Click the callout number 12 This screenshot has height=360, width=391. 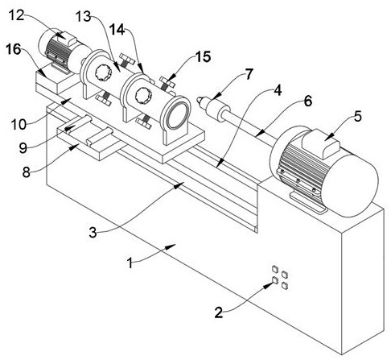coord(17,15)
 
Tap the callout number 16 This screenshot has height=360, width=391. coord(14,50)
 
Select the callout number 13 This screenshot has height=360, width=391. coord(83,17)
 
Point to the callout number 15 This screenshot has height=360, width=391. coord(203,57)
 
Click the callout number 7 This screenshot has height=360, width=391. coord(249,74)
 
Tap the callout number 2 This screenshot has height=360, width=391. coord(219,312)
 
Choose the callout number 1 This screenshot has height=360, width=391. coord(130,263)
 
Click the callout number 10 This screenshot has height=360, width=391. coord(19,125)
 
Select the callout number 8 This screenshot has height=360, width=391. coord(26,172)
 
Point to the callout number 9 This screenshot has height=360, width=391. coord(23,148)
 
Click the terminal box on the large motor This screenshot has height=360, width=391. coord(321,143)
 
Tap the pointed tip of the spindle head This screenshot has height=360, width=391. coord(198,100)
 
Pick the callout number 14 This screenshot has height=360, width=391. coord(117,30)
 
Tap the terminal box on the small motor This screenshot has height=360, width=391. coord(67,39)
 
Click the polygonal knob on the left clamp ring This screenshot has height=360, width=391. coord(103,72)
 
